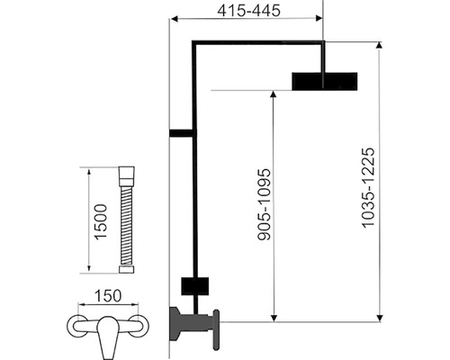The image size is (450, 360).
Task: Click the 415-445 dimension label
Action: [248, 11]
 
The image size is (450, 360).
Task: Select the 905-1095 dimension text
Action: [265, 205]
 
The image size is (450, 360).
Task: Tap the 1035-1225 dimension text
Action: [368, 188]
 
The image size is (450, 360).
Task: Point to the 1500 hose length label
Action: [101, 221]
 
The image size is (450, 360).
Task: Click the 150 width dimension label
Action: [108, 296]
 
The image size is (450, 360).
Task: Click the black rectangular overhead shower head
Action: [325, 81]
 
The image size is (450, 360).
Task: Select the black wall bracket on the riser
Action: [181, 133]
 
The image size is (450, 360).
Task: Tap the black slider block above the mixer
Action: [195, 286]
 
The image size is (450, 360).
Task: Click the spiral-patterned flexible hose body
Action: [127, 225]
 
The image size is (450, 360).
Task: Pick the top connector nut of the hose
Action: [127, 175]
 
